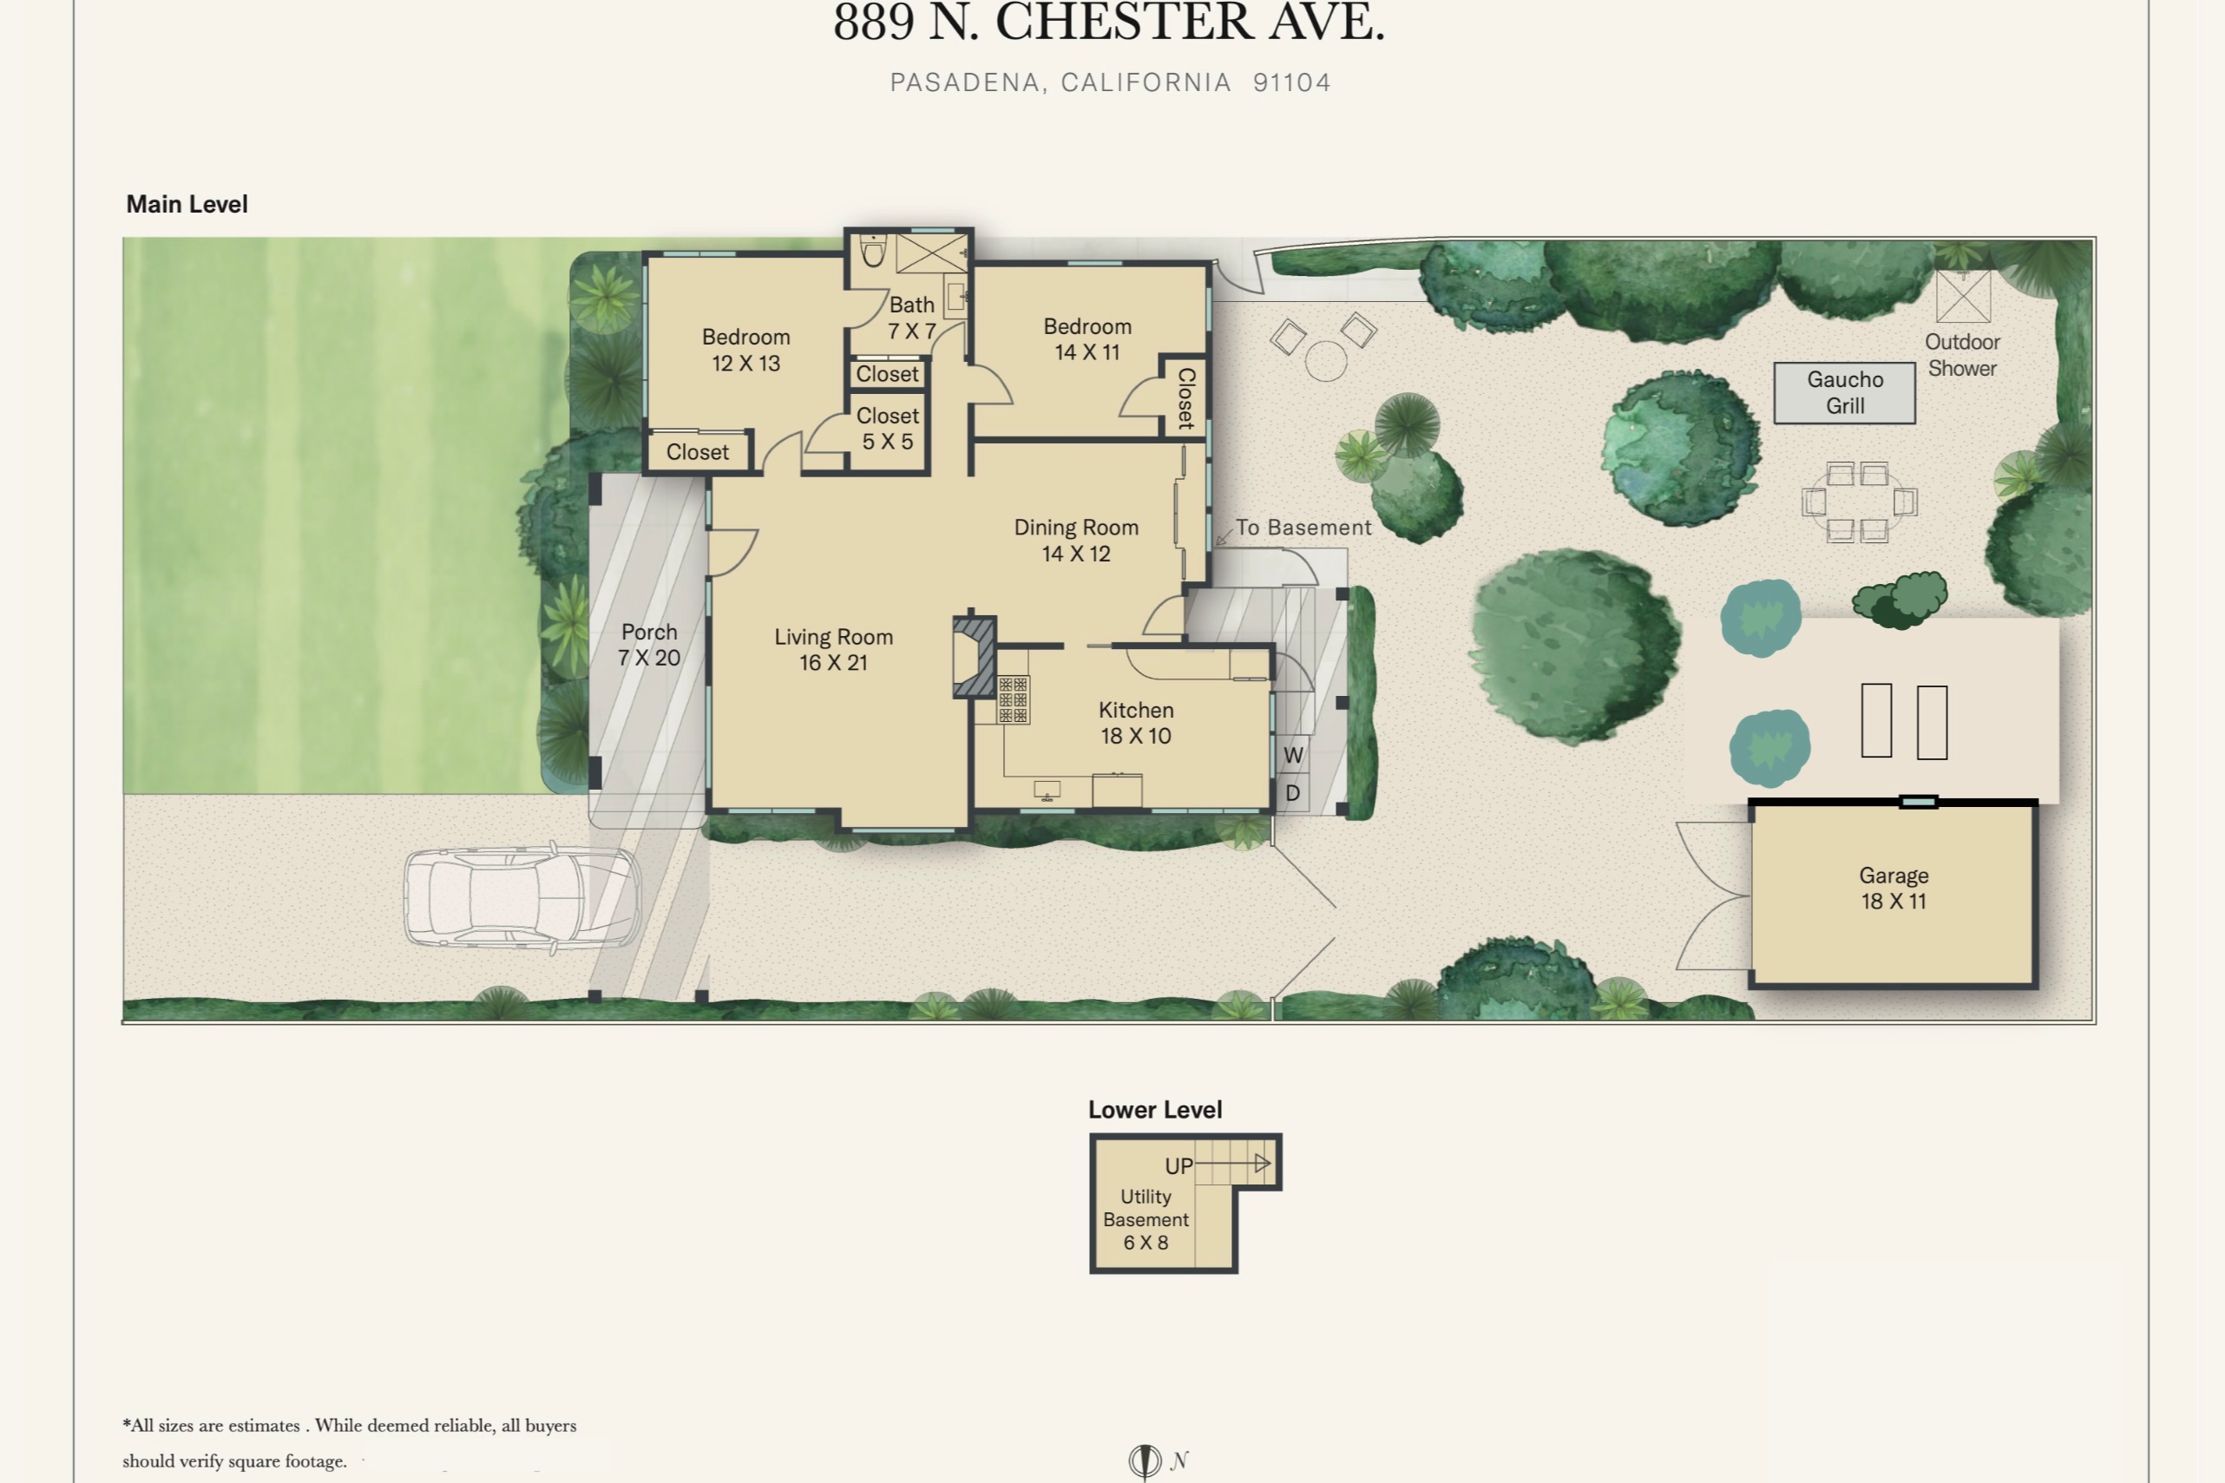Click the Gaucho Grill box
point(1844,392)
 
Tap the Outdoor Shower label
point(1962,355)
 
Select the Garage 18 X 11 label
point(1894,888)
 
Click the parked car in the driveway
point(522,896)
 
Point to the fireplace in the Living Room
point(974,657)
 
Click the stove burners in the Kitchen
point(1013,700)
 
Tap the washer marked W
point(1294,755)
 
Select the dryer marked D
point(1293,792)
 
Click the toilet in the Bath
point(873,253)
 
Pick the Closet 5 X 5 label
point(887,429)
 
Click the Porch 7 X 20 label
point(649,644)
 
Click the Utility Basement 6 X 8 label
point(1145,1219)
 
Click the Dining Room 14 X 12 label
point(1076,540)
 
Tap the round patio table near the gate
point(1325,361)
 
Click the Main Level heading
point(187,204)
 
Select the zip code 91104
point(1291,82)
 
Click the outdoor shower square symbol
point(1963,296)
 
